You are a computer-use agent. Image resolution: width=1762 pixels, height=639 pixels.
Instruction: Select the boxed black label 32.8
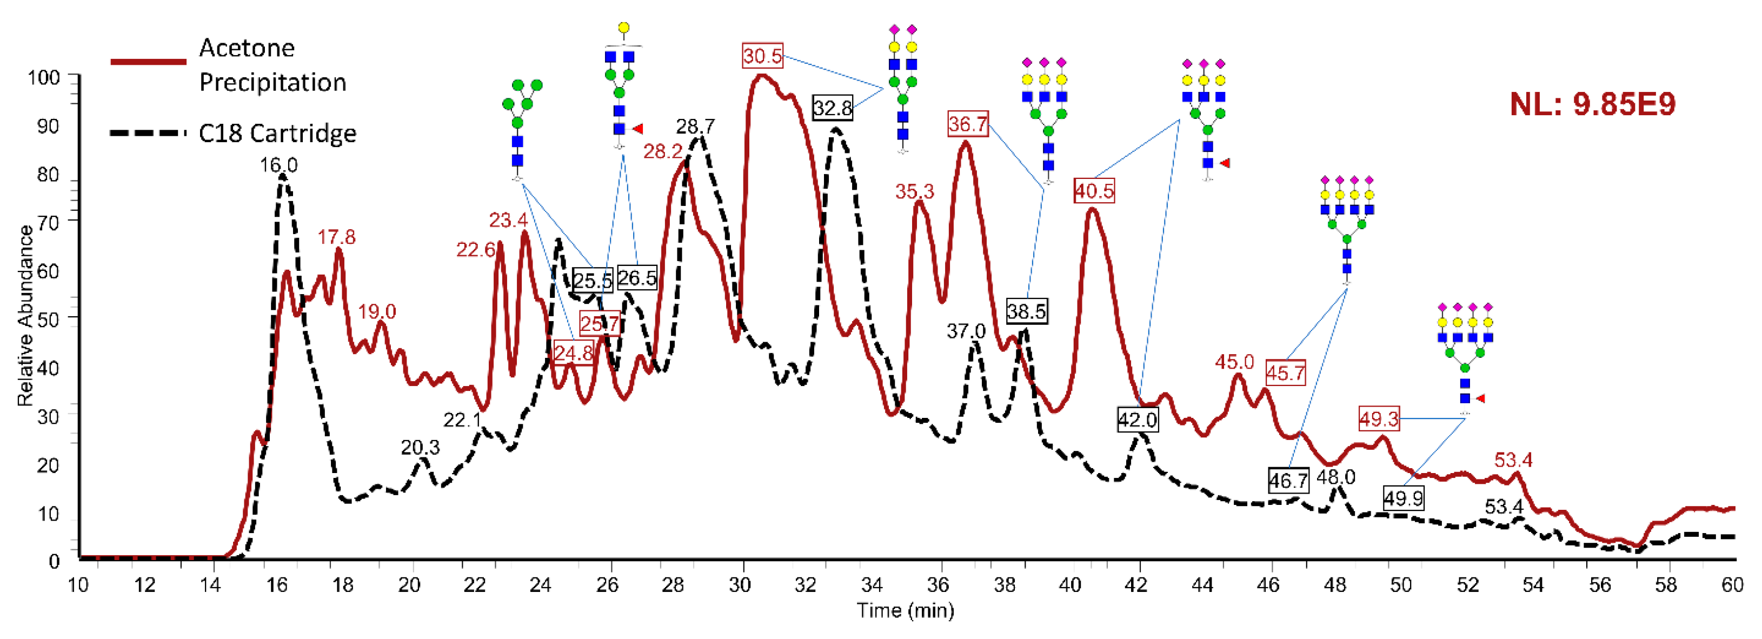833,108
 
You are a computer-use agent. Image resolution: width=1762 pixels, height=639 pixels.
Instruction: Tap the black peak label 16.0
278,165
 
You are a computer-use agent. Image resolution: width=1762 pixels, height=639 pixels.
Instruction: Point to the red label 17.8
336,237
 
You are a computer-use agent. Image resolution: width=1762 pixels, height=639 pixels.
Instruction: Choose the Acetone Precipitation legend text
272,65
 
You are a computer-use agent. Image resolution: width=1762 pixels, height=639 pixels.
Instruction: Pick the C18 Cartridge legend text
277,133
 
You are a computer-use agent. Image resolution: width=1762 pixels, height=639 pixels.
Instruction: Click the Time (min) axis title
905,610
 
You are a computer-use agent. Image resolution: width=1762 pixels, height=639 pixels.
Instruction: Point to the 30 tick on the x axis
740,585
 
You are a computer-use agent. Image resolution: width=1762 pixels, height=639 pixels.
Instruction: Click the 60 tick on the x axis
1732,585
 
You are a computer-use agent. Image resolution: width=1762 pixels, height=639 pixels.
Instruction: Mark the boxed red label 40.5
1093,191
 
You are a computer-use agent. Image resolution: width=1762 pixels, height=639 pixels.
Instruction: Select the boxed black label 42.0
1137,420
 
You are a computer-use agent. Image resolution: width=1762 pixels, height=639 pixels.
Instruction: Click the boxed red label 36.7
968,124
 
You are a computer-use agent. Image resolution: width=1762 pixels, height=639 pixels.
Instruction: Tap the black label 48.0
1336,477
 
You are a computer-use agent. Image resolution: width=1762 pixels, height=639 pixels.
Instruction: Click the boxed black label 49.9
1403,498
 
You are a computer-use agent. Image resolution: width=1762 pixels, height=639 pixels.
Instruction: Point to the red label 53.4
1513,460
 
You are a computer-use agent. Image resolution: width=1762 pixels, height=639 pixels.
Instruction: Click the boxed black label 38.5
1026,312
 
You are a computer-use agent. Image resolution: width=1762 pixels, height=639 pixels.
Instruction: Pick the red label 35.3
914,191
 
